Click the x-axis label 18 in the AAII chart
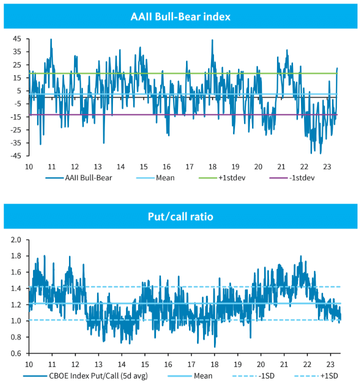pyautogui.click(x=212, y=166)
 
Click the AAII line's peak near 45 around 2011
pyautogui.click(x=51, y=40)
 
